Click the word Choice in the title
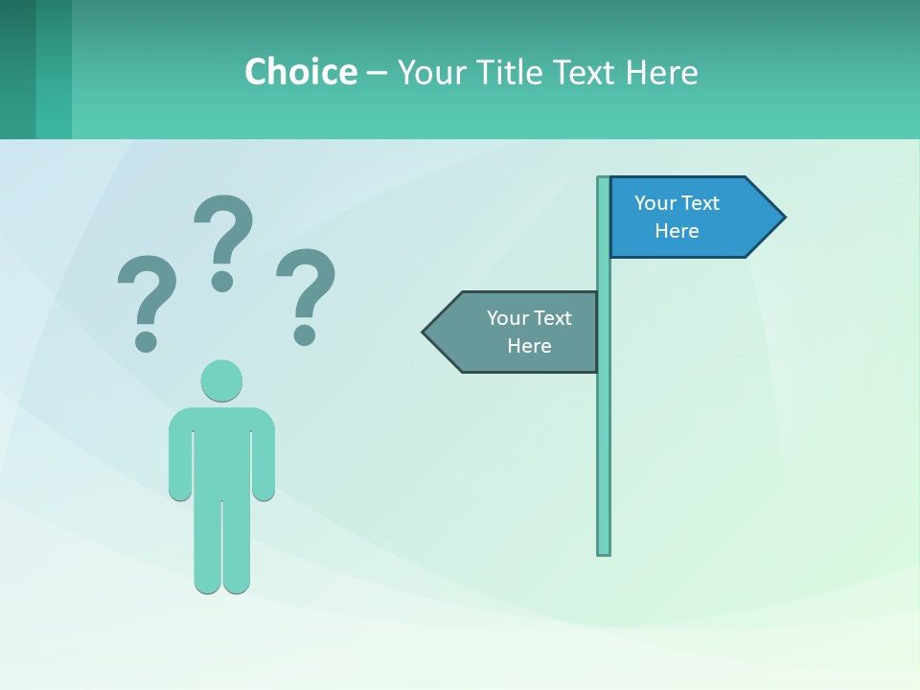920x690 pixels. [x=300, y=72]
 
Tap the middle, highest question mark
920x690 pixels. [x=223, y=230]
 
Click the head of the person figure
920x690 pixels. [x=221, y=380]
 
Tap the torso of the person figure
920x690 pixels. [x=221, y=450]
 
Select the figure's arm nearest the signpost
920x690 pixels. [x=264, y=460]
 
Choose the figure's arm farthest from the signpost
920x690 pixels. [x=180, y=460]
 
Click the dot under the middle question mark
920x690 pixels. [x=222, y=280]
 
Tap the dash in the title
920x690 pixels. [x=377, y=73]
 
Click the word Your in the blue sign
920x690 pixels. [x=655, y=203]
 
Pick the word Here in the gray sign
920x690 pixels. [x=529, y=346]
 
